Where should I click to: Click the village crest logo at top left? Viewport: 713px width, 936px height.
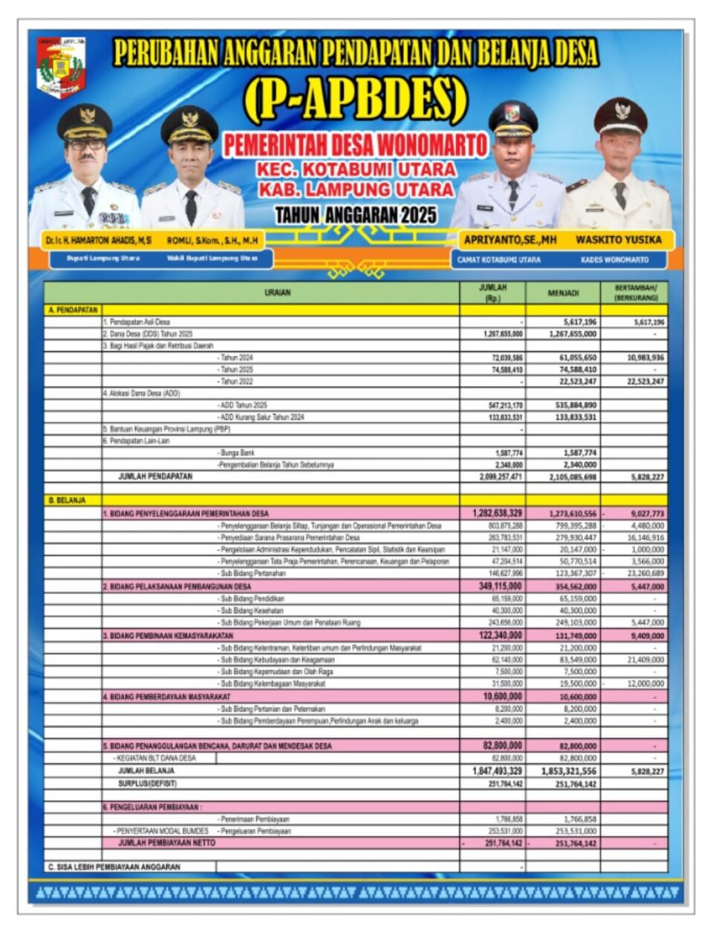click(x=62, y=67)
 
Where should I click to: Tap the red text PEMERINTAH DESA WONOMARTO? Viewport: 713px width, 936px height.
click(x=356, y=145)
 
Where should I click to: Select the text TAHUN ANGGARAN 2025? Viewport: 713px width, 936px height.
click(x=356, y=215)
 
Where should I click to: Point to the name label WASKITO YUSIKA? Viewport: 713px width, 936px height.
click(x=618, y=240)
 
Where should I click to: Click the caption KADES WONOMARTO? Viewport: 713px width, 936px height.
click(x=614, y=260)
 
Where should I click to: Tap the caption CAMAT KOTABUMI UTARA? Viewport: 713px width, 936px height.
click(x=499, y=260)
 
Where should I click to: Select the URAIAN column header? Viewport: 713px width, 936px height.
click(x=278, y=293)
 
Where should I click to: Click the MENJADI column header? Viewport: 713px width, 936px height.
click(x=563, y=293)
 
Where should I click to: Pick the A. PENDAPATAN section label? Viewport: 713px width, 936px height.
click(x=73, y=310)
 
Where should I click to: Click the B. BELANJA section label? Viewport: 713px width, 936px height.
click(x=67, y=501)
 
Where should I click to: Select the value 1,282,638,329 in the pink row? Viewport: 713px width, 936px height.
click(x=497, y=513)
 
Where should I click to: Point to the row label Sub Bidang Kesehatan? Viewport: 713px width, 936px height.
click(x=252, y=611)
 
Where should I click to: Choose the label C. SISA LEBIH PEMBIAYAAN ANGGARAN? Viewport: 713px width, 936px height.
click(x=114, y=867)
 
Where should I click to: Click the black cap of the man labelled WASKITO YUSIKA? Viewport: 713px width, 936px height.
click(x=620, y=113)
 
